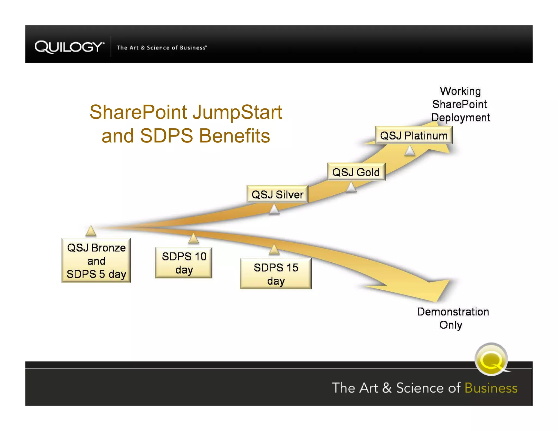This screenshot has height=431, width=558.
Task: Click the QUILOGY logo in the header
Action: tap(69, 47)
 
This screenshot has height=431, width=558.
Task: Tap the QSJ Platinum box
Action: tap(413, 135)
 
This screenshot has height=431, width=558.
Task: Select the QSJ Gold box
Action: tap(356, 172)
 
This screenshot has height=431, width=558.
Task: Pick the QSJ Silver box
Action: tap(277, 194)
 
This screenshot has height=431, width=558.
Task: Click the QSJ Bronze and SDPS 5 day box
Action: tap(96, 260)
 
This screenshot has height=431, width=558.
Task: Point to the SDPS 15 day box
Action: tap(275, 274)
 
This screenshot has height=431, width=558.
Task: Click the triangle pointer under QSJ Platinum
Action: tap(410, 150)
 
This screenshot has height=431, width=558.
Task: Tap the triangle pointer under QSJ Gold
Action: tap(351, 187)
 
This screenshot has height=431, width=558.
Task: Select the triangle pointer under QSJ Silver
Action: tap(274, 210)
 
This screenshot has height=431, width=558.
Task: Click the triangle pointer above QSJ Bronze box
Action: tap(91, 231)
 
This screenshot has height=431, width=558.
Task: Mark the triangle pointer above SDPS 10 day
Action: tap(193, 239)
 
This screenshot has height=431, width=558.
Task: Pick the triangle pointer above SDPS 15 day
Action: tap(274, 250)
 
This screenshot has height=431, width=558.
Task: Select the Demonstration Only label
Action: tap(453, 318)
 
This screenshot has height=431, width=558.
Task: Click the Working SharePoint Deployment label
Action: tap(460, 104)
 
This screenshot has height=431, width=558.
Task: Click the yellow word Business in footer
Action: tap(491, 388)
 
